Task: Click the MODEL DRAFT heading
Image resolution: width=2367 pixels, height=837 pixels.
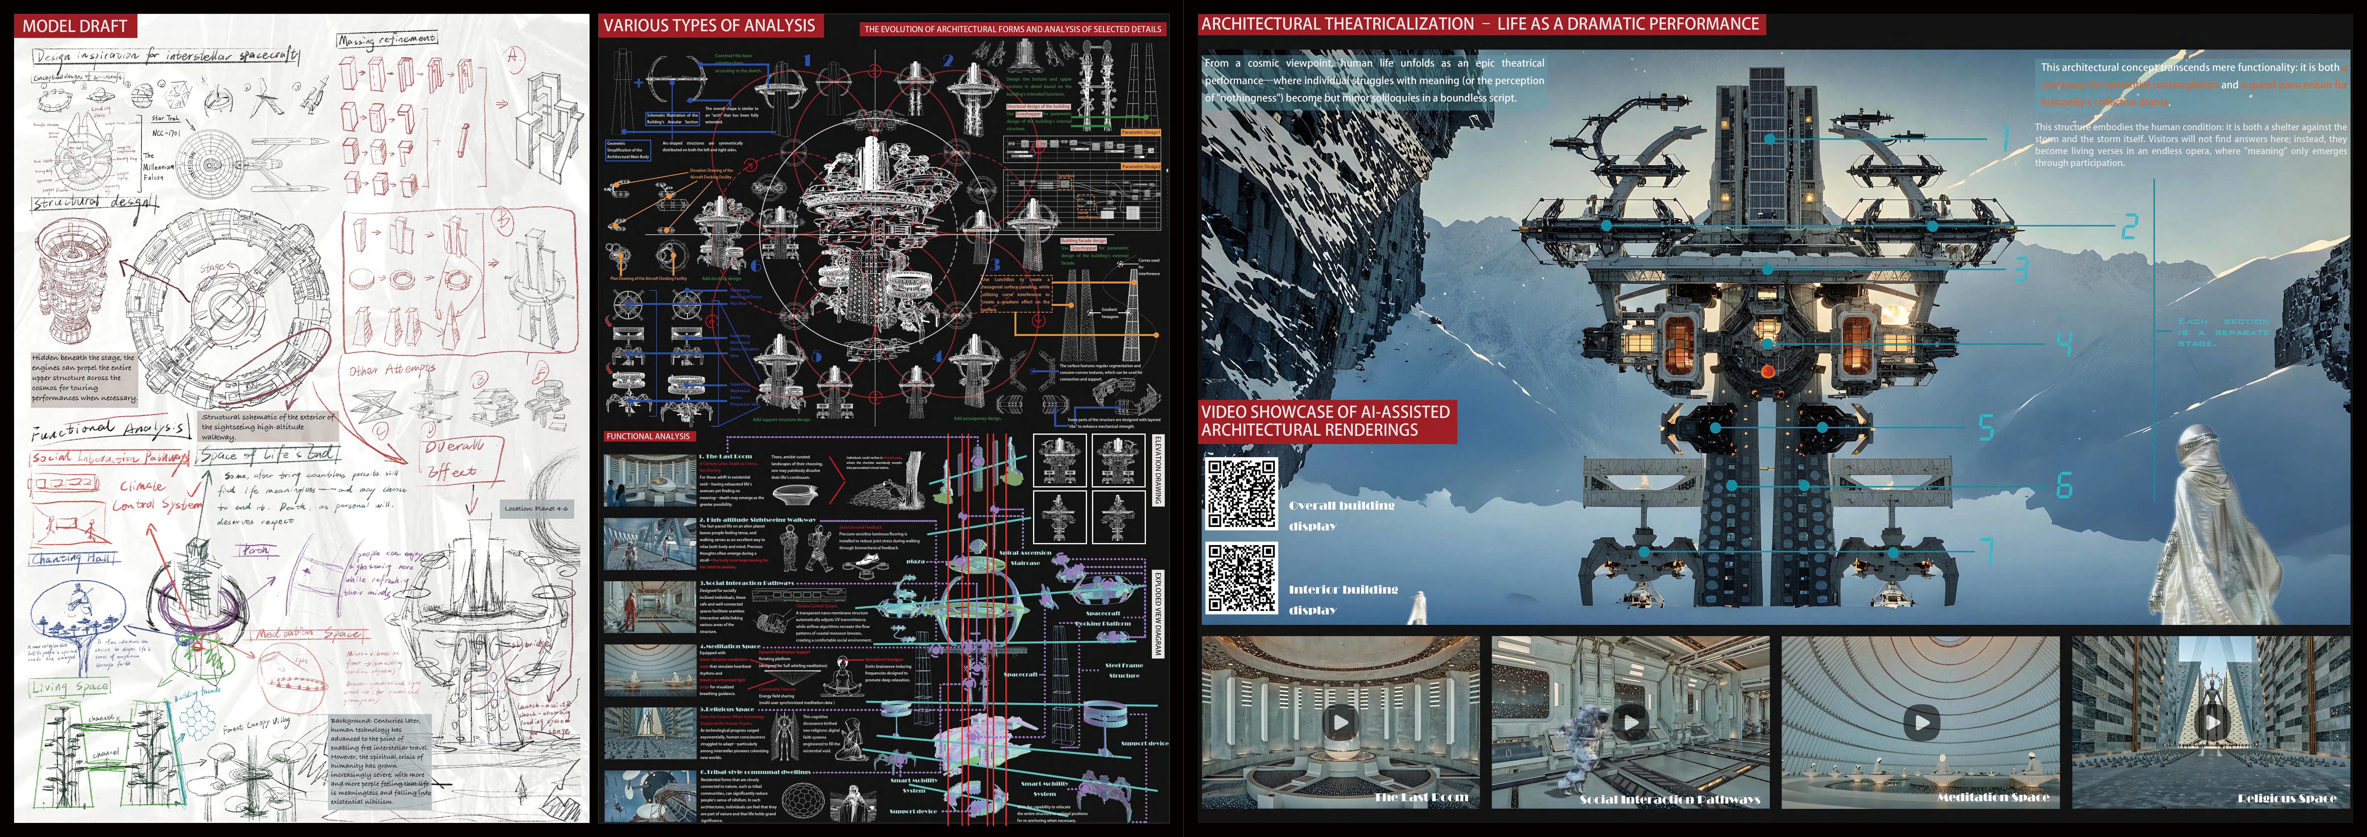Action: (x=74, y=26)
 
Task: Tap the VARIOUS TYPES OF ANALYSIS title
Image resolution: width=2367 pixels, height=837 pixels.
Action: (x=709, y=26)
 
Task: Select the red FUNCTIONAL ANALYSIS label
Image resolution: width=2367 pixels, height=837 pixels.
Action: (x=648, y=436)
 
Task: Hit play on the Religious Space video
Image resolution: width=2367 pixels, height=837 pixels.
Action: (x=2212, y=722)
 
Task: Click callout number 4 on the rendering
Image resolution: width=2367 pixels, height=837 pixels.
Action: (x=2064, y=345)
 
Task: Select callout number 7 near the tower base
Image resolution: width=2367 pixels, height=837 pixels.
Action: (x=1987, y=551)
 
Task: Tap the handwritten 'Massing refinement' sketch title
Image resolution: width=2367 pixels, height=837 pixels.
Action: (x=386, y=40)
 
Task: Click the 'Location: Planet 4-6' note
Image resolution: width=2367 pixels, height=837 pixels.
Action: (x=536, y=508)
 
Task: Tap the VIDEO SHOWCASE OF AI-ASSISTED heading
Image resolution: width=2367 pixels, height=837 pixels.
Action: (x=1326, y=421)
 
